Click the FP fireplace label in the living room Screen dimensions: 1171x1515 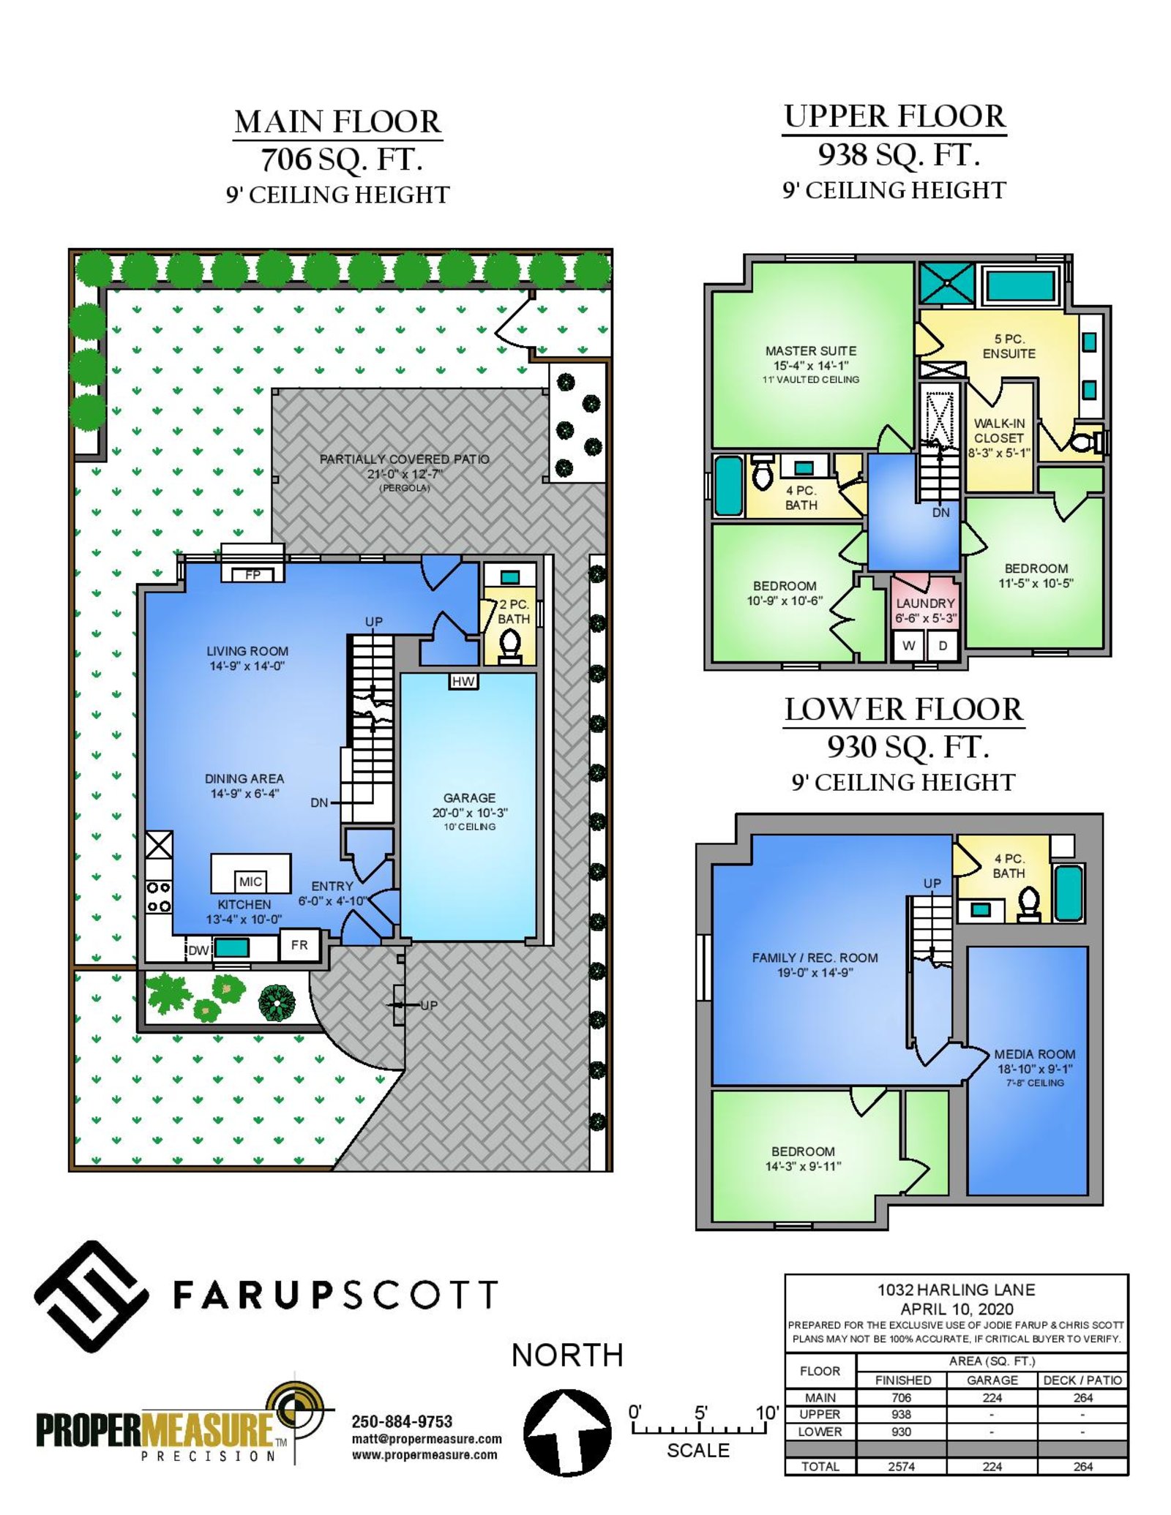point(252,575)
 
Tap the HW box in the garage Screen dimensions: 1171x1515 point(463,681)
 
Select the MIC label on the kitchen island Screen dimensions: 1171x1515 point(250,881)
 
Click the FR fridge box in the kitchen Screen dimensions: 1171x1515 point(299,944)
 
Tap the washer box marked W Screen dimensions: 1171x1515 point(909,645)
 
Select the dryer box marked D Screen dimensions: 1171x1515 point(943,645)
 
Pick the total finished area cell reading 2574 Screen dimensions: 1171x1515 point(902,1467)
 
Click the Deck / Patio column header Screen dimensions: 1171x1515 point(1082,1380)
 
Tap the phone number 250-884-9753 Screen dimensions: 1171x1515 point(402,1421)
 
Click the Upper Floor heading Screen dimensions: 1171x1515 point(894,116)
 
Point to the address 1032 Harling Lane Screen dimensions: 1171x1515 point(956,1290)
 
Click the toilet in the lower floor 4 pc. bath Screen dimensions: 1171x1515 point(1029,903)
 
